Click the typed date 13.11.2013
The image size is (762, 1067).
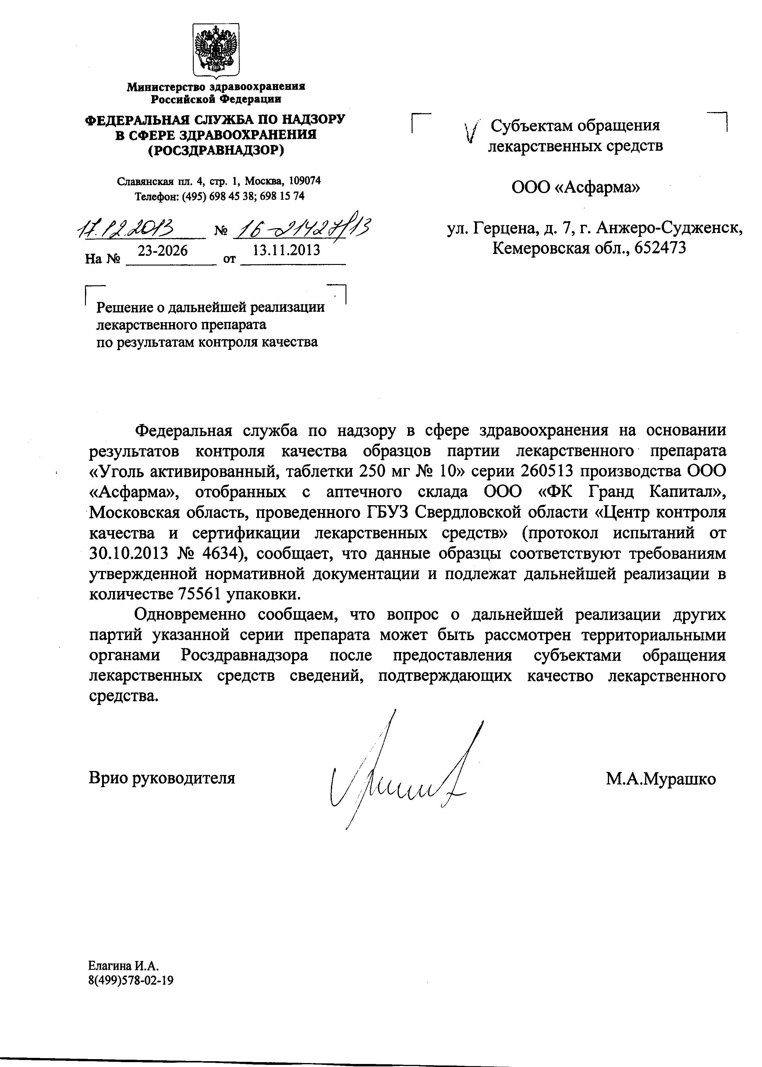pyautogui.click(x=286, y=250)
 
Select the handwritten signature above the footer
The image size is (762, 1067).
pyautogui.click(x=399, y=780)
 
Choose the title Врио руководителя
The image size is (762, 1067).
pyautogui.click(x=162, y=778)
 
